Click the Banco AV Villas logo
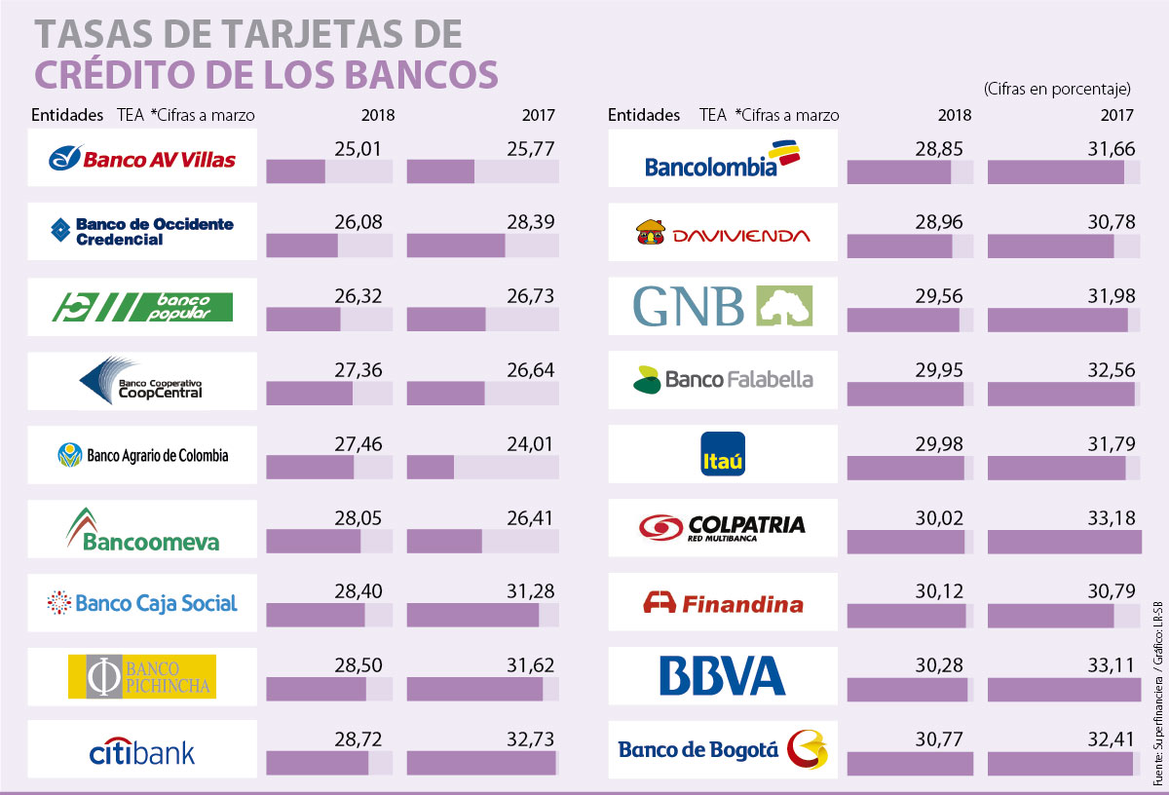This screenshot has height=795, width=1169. tap(142, 157)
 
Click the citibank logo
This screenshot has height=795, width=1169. tap(142, 751)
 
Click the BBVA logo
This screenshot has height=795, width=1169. tap(722, 675)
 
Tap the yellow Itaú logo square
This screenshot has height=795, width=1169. tap(723, 454)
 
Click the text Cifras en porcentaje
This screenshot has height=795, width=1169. tap(1057, 89)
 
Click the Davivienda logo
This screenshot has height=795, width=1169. tap(722, 234)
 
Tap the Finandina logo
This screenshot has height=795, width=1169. tap(723, 603)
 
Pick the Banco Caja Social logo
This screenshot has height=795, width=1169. tap(142, 603)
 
